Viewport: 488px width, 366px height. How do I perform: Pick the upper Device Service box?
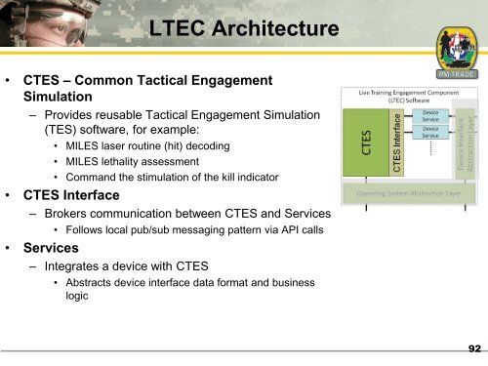pyautogui.click(x=430, y=116)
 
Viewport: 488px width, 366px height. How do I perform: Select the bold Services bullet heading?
pyautogui.click(x=58, y=249)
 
